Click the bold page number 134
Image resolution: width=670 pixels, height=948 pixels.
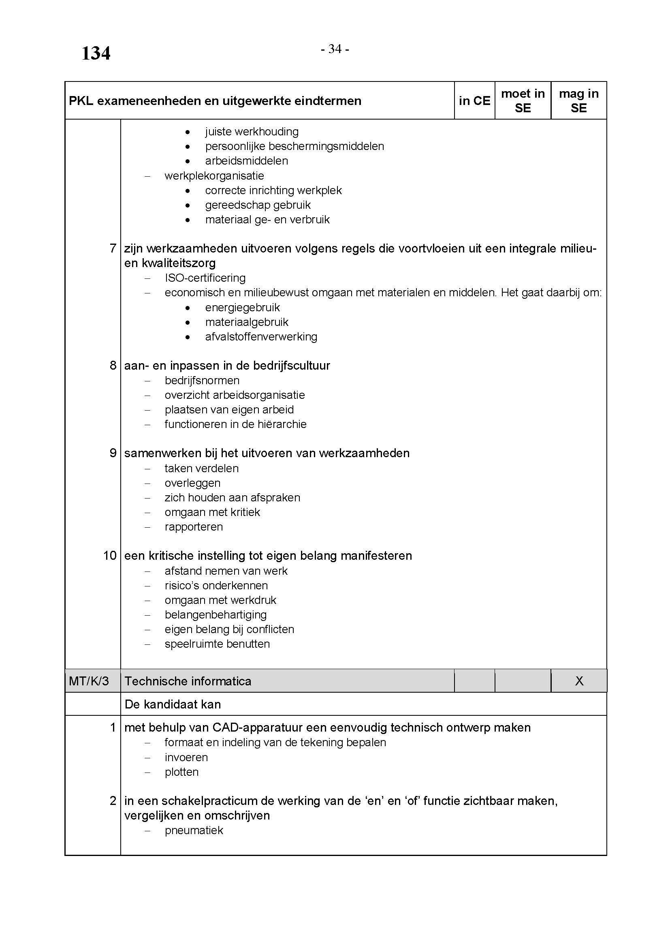(x=96, y=53)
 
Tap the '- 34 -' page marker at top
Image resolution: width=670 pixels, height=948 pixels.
(x=335, y=49)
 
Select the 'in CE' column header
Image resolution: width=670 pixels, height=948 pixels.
(x=474, y=101)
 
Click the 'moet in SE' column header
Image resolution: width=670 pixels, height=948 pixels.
(x=522, y=101)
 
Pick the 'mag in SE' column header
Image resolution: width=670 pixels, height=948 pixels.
(x=578, y=101)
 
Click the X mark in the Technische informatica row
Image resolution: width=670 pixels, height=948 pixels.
(x=579, y=681)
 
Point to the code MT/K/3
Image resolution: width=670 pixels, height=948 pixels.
(x=89, y=681)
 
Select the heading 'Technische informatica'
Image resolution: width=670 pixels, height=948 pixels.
(x=188, y=681)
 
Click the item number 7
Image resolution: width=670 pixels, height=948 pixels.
(x=113, y=248)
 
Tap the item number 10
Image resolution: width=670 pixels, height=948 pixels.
(x=110, y=556)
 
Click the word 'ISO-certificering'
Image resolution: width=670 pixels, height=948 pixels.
(x=205, y=278)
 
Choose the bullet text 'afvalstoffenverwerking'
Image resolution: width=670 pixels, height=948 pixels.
(x=261, y=337)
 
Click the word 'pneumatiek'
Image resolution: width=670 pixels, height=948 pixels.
(x=194, y=830)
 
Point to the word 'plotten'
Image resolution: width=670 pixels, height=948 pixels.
(x=181, y=772)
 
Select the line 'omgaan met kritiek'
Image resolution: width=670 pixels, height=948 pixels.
(x=212, y=512)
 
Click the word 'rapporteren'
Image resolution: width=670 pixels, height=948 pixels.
(x=194, y=527)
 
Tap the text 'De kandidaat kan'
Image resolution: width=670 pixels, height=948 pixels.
(x=173, y=704)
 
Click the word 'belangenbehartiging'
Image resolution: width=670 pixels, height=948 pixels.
(x=216, y=615)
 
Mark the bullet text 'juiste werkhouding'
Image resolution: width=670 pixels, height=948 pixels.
(x=252, y=132)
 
